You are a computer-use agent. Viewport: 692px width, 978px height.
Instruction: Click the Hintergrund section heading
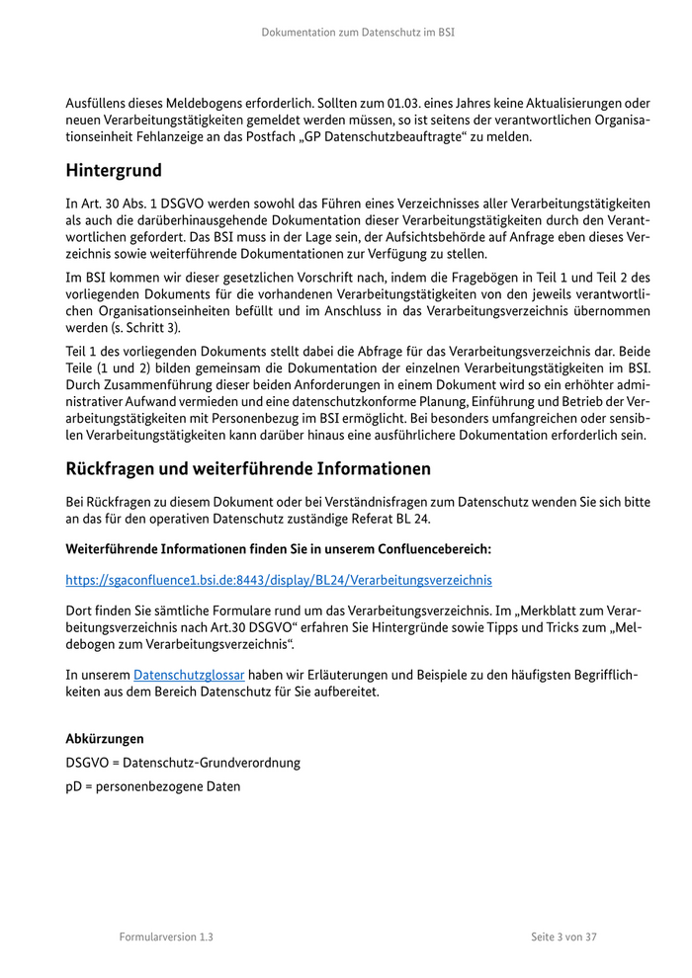[114, 171]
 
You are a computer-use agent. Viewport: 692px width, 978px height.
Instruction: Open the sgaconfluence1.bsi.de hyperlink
[278, 581]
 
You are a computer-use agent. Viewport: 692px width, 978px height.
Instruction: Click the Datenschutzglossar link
[189, 676]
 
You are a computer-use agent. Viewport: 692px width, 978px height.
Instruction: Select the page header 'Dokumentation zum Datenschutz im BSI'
[358, 33]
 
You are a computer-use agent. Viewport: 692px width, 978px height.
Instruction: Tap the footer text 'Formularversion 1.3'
[166, 937]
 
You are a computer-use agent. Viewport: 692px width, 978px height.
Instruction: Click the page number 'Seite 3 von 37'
[563, 937]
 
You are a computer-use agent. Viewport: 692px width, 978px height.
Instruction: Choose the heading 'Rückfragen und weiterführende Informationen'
[248, 469]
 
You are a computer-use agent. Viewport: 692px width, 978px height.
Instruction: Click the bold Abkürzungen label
[104, 738]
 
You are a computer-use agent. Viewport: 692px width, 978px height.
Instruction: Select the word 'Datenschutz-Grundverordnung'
[212, 763]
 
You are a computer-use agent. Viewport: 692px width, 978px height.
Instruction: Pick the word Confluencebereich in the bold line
[427, 547]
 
